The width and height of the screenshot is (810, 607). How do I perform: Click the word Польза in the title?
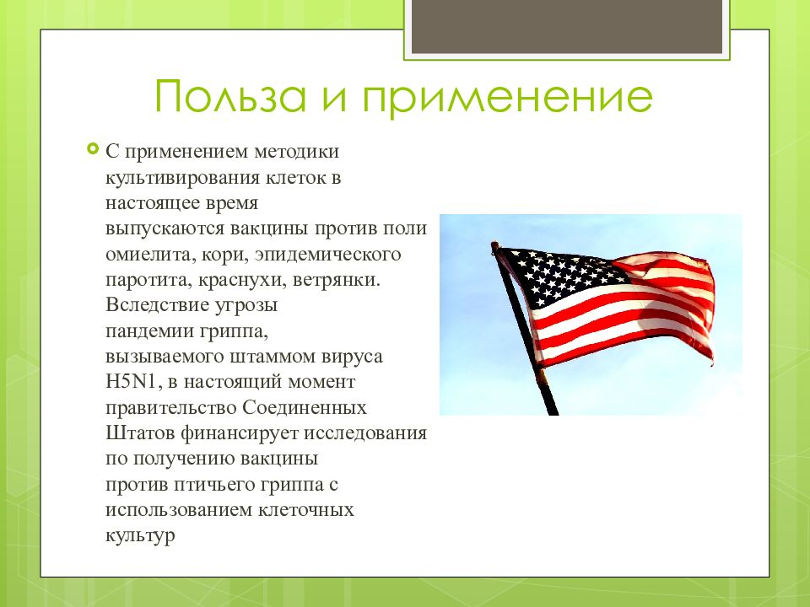point(230,97)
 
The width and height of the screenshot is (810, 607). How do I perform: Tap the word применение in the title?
point(507,98)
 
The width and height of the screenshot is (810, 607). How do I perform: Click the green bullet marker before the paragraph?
point(93,150)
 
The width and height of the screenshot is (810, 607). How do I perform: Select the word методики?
point(297,152)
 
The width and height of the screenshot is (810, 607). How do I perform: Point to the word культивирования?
point(182,178)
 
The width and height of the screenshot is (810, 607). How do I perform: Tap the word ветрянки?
point(337,280)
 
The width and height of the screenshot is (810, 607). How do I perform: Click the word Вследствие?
point(157,304)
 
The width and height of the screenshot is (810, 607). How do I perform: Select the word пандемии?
point(149,330)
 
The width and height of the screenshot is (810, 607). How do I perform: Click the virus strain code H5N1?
point(132,382)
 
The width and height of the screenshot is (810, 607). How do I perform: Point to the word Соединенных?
point(305,408)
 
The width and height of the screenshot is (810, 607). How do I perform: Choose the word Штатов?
point(140,433)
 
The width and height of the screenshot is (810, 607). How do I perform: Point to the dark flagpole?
point(524,328)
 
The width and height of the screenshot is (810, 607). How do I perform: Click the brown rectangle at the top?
point(567,26)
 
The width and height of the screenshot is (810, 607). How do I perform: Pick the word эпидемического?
point(327,255)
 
